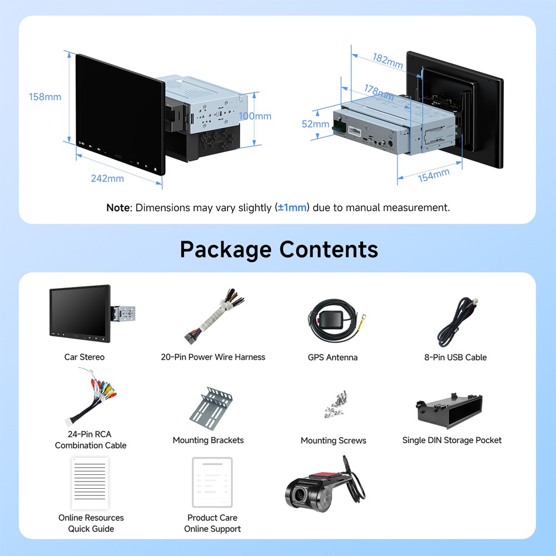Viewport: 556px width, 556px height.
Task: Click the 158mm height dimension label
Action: tap(45, 97)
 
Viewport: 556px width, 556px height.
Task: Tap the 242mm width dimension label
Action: tap(107, 178)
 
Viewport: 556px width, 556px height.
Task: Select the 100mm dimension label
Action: tap(255, 116)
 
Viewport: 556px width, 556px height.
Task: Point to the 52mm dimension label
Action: tap(315, 124)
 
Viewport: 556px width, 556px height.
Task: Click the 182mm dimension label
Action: tap(388, 61)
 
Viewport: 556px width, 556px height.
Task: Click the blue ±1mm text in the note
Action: tap(292, 208)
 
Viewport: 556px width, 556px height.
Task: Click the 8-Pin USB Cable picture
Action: tap(458, 322)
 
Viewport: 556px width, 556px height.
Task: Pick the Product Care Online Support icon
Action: tap(212, 482)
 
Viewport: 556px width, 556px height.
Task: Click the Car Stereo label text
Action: tap(85, 357)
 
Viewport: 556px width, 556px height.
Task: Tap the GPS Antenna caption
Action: tap(332, 357)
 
